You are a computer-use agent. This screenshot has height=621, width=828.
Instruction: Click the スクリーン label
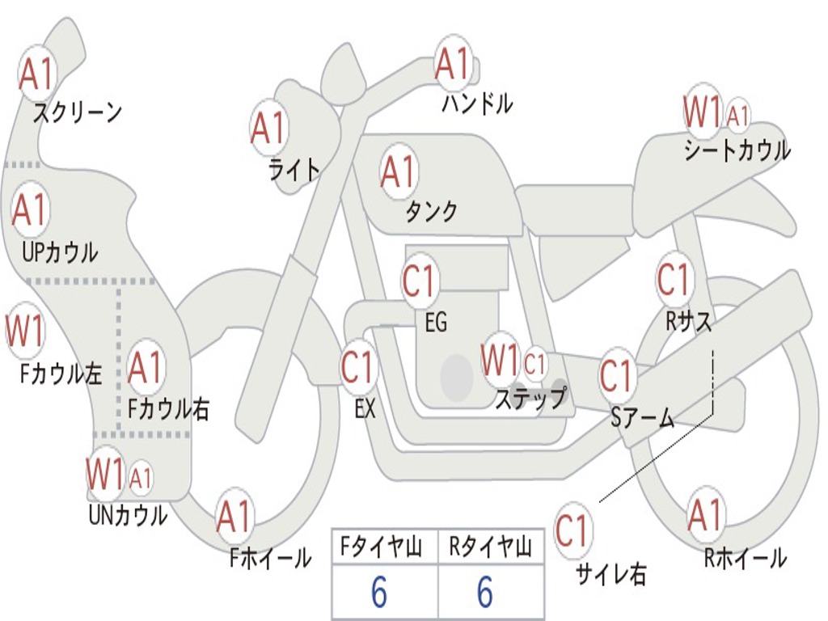coord(78,112)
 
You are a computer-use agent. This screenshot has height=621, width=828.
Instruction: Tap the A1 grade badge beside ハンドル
coord(453,64)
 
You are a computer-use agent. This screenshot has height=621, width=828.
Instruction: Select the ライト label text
coord(294,169)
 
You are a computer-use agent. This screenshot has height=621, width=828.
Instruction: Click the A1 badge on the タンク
coord(398,172)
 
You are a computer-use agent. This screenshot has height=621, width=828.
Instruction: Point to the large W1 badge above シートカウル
coord(701,112)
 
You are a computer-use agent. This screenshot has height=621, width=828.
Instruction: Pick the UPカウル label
coord(60,251)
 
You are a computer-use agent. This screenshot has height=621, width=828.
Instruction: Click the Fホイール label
coord(270,558)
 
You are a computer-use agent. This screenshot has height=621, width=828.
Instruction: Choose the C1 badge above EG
coord(419,282)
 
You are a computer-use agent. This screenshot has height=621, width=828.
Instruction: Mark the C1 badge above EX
coord(357,368)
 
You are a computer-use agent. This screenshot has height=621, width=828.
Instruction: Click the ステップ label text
coord(530,399)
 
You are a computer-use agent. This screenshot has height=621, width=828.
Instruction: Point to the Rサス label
coord(689,322)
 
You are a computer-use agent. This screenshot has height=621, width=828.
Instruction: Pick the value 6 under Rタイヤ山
coord(485,594)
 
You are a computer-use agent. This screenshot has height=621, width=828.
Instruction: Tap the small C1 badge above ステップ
coord(535,365)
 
